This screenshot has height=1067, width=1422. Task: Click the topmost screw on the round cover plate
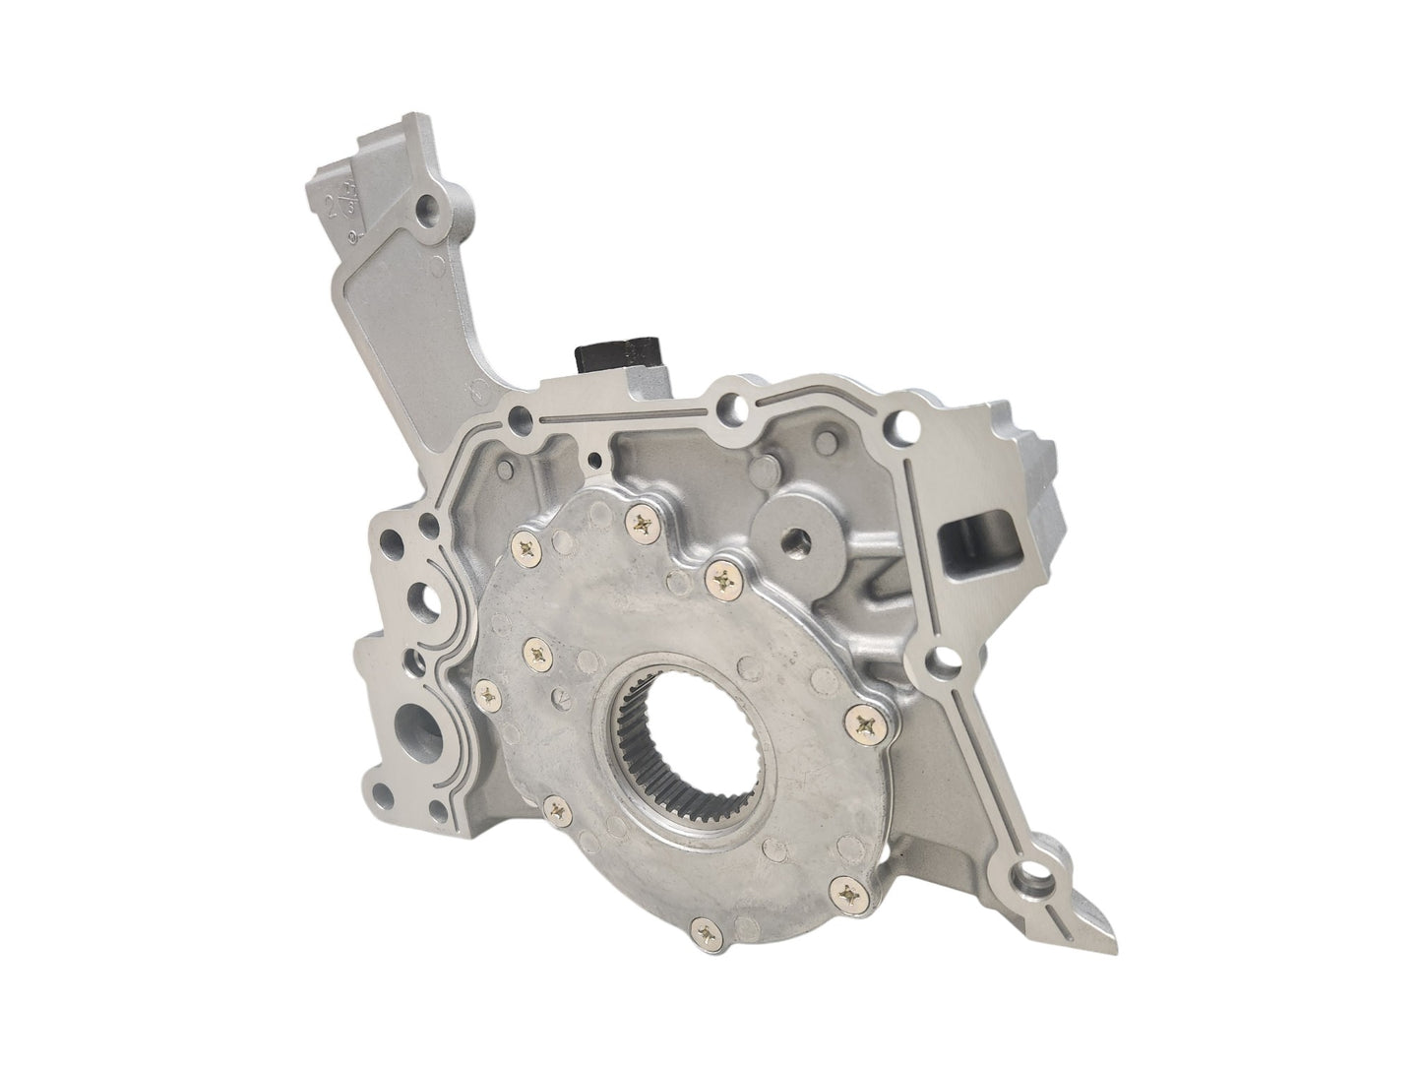click(x=645, y=526)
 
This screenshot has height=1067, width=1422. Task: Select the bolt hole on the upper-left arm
click(x=427, y=208)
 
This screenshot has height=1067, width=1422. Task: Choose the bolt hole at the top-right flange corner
click(x=903, y=426)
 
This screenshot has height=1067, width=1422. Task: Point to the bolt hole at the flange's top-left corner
click(x=513, y=425)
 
